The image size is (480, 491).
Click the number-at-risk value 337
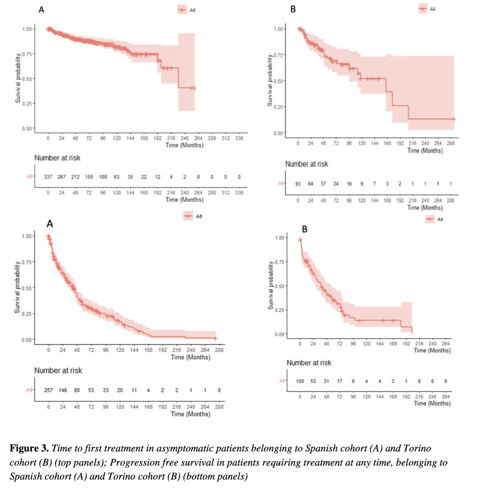pyautogui.click(x=48, y=177)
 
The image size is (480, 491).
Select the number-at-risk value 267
pyautogui.click(x=62, y=177)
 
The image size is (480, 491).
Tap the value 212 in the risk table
pyautogui.click(x=75, y=177)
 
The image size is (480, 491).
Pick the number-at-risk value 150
pyautogui.click(x=89, y=177)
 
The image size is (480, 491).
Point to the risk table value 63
pyautogui.click(x=117, y=177)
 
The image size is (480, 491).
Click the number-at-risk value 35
pyautogui.click(x=130, y=177)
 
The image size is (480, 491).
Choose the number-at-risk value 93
pyautogui.click(x=298, y=184)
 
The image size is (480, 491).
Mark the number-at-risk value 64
pyautogui.click(x=311, y=184)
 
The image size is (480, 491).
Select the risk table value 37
pyautogui.click(x=323, y=184)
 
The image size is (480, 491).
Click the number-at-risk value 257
pyautogui.click(x=48, y=390)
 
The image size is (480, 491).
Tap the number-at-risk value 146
pyautogui.click(x=63, y=390)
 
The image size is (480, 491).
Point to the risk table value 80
pyautogui.click(x=77, y=390)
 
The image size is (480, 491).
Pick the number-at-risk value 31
pyautogui.click(x=326, y=381)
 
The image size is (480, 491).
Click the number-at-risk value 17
pyautogui.click(x=340, y=381)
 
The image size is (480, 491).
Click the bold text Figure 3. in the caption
pyautogui.click(x=29, y=448)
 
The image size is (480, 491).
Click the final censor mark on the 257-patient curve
pyautogui.click(x=215, y=338)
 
